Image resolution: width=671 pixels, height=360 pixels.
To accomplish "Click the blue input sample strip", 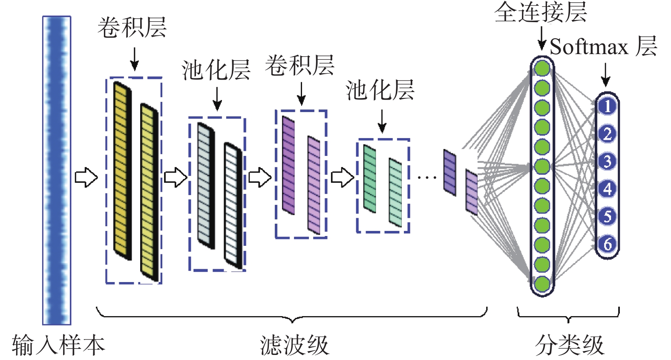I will tap(57, 170).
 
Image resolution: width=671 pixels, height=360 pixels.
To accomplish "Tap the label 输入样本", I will tap(58, 345).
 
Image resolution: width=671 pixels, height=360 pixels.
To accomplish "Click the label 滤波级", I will tap(294, 345).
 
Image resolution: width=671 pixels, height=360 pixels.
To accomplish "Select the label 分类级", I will tap(570, 345).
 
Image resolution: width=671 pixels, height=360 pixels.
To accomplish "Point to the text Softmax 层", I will tap(603, 46).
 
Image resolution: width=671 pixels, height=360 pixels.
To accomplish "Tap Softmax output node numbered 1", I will tap(607, 106).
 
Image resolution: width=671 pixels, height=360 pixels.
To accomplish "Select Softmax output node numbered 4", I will tap(607, 189).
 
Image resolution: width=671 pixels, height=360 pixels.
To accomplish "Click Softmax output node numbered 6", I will tap(607, 244).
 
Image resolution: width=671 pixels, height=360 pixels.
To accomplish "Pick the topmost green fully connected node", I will tap(542, 69).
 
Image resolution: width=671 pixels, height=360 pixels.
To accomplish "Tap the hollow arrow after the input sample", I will tap(86, 177).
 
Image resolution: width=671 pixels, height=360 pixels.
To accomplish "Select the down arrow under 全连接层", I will tap(541, 38).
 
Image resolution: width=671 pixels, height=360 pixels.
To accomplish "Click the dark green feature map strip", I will tap(369, 179).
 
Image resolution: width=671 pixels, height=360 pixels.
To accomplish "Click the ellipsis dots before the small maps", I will tap(426, 177).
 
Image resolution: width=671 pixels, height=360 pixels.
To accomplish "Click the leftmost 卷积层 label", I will tap(132, 28).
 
